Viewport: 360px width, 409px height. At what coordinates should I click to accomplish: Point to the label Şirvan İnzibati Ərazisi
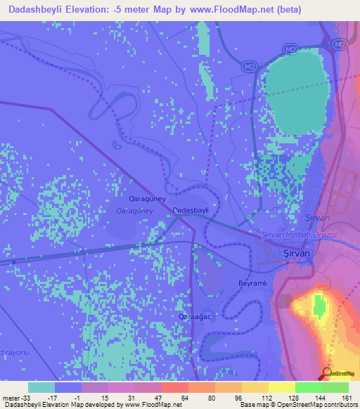pyautogui.click(x=301, y=235)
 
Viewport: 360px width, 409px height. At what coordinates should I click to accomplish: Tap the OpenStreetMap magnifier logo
pyautogui.click(x=327, y=373)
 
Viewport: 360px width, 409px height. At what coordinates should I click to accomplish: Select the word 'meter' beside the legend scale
pyautogui.click(x=11, y=397)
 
